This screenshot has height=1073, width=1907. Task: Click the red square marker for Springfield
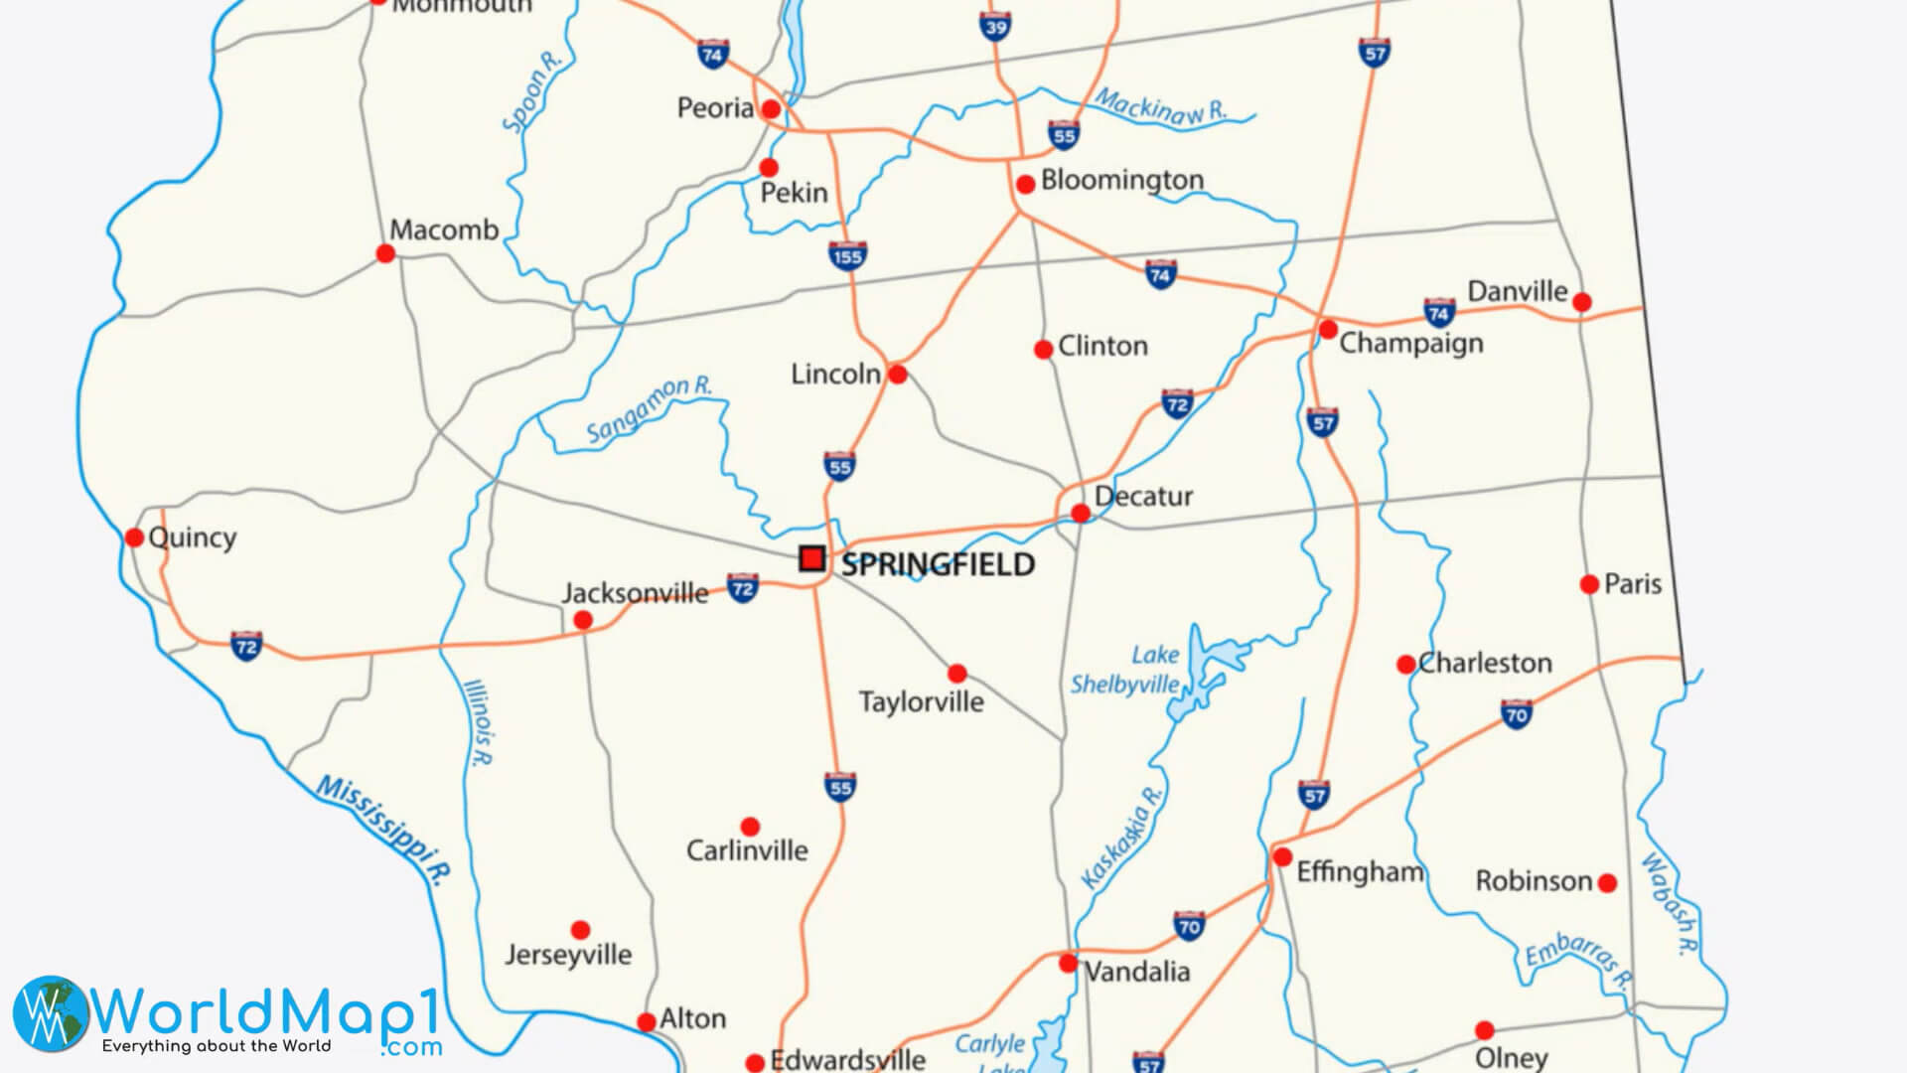tap(811, 558)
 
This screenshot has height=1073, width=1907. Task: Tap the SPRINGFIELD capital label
tap(938, 564)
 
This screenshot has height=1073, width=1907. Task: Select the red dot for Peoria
tap(771, 108)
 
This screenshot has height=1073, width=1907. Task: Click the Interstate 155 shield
tap(847, 255)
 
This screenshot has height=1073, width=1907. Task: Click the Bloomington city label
tap(1121, 180)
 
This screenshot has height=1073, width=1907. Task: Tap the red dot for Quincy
tap(134, 537)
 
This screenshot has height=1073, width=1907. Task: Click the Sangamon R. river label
tap(649, 408)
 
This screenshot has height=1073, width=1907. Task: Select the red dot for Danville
tap(1582, 302)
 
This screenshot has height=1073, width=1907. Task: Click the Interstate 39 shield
tap(995, 26)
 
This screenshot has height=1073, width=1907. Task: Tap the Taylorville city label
tap(921, 701)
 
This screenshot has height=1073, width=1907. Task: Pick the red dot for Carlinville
tap(750, 827)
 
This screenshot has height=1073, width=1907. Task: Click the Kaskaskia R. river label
tap(1121, 837)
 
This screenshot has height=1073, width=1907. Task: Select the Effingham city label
tap(1360, 871)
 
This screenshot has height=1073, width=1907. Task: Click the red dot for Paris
tap(1589, 584)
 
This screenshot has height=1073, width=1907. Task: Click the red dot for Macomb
tap(385, 253)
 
